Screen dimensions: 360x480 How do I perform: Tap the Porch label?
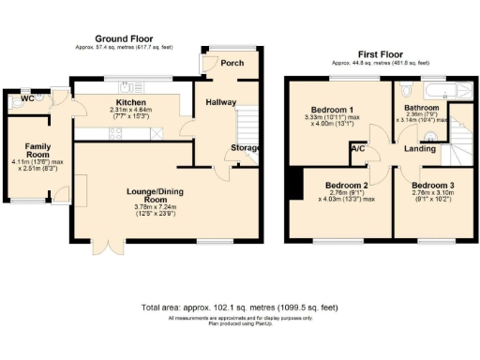231,64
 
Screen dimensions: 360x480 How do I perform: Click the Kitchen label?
130,102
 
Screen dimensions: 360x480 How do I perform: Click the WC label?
27,97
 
